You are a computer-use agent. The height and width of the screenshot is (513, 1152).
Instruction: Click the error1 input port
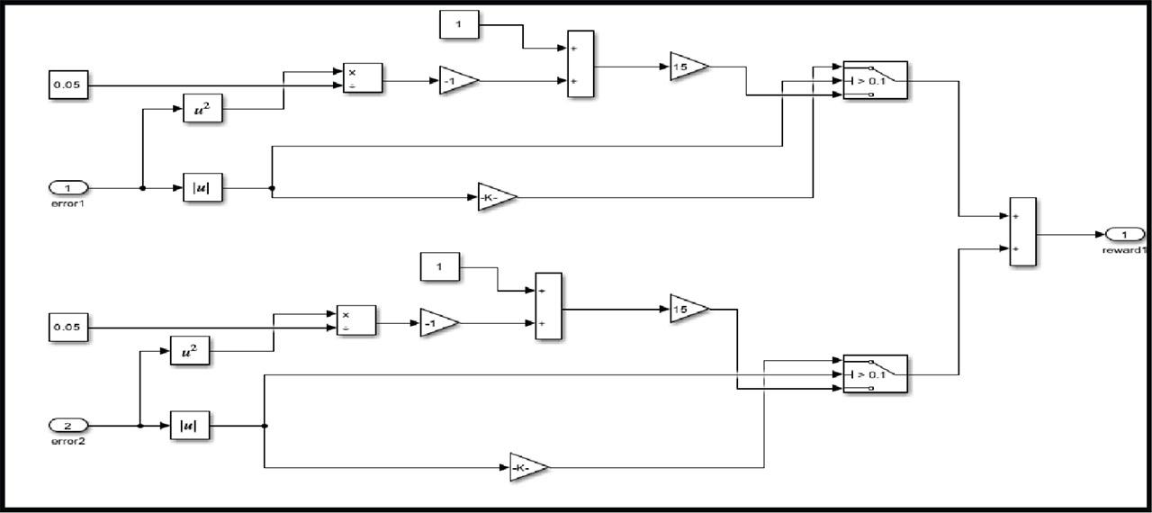68,188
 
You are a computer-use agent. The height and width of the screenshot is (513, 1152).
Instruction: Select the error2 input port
68,426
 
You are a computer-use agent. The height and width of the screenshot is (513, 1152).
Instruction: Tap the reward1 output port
1125,234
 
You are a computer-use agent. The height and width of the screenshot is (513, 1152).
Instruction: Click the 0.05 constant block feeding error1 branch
68,85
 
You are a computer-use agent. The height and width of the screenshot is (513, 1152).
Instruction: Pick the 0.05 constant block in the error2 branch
68,328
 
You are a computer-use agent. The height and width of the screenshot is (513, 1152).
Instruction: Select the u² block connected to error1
202,108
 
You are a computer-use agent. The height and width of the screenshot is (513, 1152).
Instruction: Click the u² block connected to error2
190,351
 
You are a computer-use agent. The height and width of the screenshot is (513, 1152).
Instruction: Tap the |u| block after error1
202,187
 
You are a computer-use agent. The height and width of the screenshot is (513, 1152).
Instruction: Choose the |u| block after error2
190,426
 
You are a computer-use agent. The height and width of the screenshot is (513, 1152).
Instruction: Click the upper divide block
363,78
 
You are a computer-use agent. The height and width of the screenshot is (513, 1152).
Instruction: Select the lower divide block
355,320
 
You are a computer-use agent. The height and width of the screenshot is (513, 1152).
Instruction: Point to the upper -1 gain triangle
459,81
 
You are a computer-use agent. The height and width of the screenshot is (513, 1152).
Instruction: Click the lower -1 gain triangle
439,323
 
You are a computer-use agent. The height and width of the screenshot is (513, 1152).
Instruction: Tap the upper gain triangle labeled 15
689,67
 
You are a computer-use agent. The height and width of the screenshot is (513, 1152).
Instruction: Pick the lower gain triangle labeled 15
689,309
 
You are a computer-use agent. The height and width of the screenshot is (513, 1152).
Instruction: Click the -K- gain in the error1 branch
497,197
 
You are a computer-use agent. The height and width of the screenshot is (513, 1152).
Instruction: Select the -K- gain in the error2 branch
529,467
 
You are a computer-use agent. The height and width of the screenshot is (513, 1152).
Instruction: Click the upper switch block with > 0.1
876,80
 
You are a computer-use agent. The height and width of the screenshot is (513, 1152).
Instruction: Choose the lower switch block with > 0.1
876,373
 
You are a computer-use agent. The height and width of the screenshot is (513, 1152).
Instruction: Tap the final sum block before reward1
1023,232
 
